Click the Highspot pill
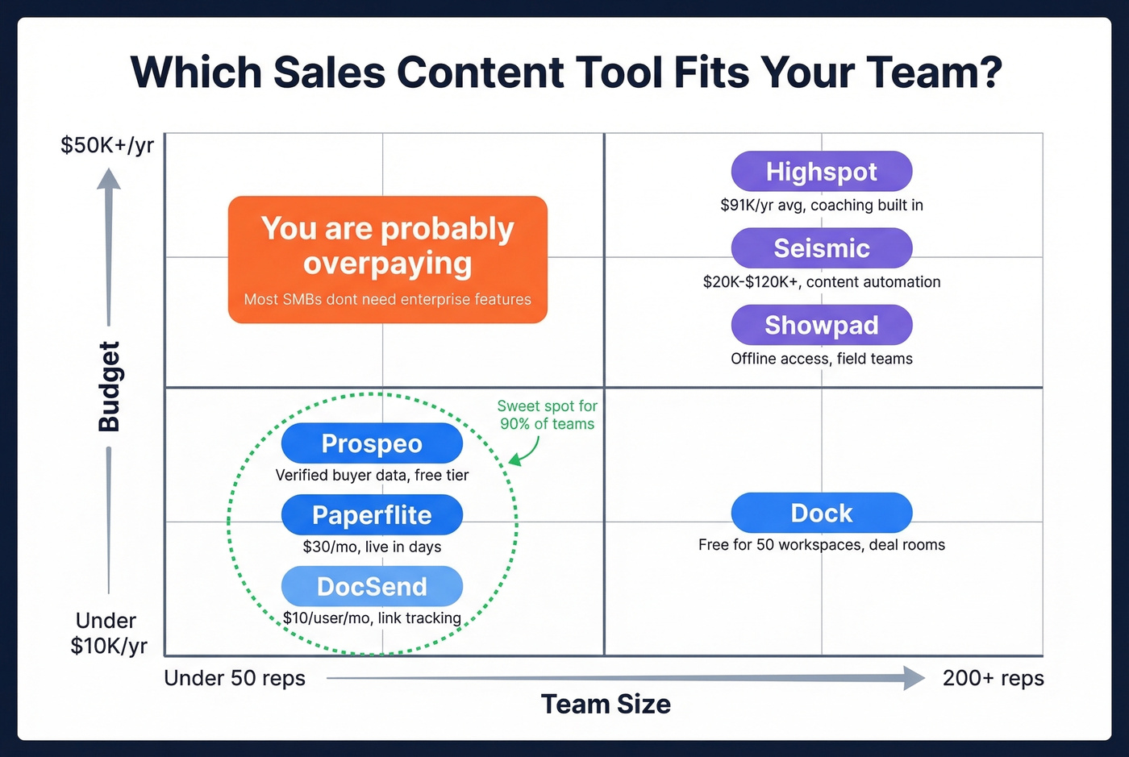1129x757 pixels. tap(821, 172)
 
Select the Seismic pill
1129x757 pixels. tap(821, 248)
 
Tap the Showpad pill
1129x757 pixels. tap(821, 325)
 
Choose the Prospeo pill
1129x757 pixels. tap(372, 443)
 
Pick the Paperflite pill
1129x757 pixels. tap(372, 515)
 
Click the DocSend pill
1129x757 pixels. tap(372, 586)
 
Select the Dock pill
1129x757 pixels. tap(821, 513)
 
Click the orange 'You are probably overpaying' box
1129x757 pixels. tap(388, 260)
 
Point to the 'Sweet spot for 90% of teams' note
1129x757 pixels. tap(547, 415)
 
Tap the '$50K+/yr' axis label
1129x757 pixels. tap(107, 145)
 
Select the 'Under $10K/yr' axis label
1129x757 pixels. tap(107, 633)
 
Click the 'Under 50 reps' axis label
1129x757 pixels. tap(235, 678)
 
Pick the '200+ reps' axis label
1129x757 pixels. tap(993, 678)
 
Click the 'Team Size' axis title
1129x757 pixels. tap(606, 704)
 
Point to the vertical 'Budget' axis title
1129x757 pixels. tap(109, 386)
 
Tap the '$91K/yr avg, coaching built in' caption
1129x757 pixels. tap(821, 206)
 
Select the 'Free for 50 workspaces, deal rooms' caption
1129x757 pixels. tap(821, 545)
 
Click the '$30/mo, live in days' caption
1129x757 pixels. tap(372, 547)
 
